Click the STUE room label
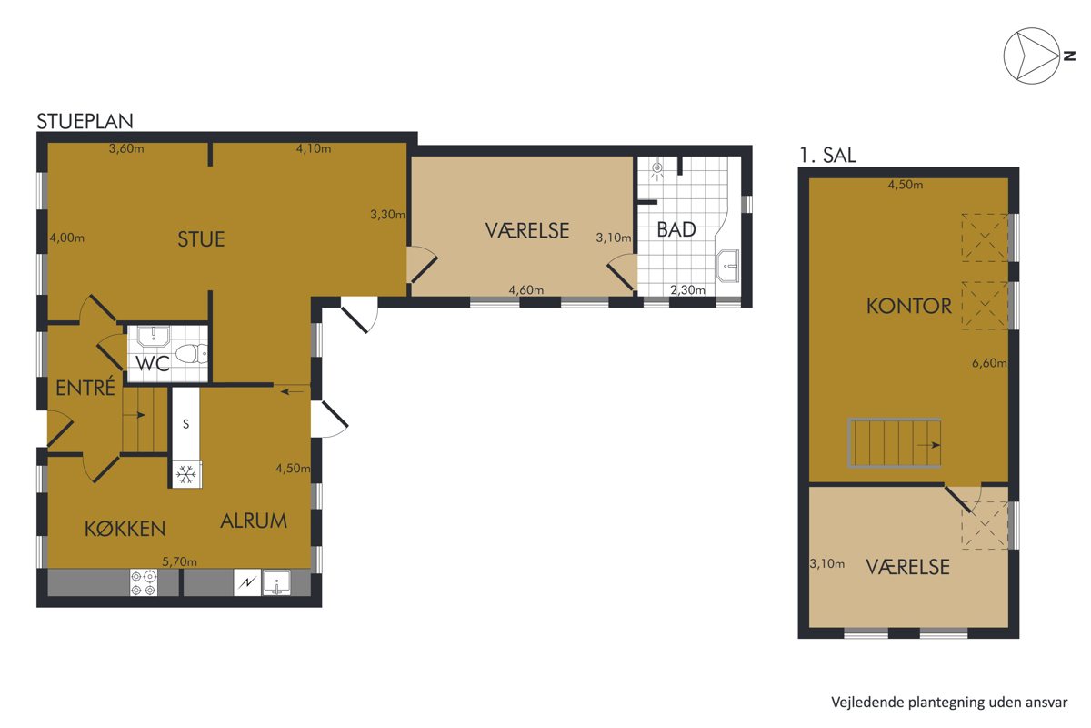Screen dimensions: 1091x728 (x=201, y=239)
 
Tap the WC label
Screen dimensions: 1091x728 (x=153, y=363)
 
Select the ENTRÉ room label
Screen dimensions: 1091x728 (x=85, y=388)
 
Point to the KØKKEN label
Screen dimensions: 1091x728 (x=125, y=529)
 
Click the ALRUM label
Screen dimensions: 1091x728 (x=254, y=521)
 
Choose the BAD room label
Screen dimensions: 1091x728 (x=676, y=229)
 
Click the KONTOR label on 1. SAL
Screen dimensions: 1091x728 (x=909, y=307)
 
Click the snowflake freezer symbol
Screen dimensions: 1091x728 (x=186, y=474)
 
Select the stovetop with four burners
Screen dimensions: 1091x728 (x=144, y=583)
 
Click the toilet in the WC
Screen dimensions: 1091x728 (x=192, y=353)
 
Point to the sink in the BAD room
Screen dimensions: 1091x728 (x=727, y=267)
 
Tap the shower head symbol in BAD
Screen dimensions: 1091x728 (x=657, y=169)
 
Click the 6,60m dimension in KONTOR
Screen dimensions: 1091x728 (x=989, y=363)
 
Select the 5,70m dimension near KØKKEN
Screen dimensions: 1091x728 (x=180, y=561)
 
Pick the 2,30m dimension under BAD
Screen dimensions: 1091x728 (x=687, y=290)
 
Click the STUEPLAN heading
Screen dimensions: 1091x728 (x=85, y=121)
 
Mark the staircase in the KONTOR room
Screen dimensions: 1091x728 (x=895, y=443)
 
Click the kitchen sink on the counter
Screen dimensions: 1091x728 (x=276, y=582)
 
